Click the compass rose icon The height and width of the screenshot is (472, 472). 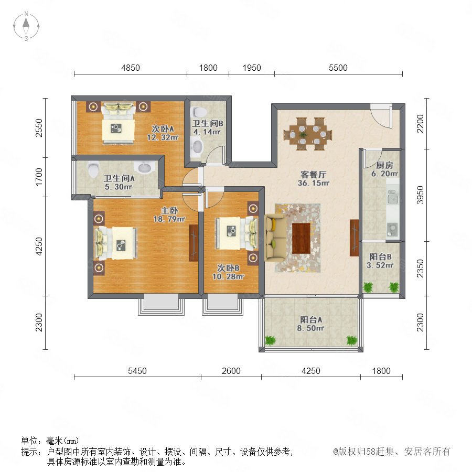(26, 26)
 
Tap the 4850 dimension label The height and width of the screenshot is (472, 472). (131, 68)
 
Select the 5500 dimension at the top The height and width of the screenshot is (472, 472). (338, 68)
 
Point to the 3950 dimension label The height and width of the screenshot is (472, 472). (420, 195)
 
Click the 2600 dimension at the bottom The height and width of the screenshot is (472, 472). (231, 371)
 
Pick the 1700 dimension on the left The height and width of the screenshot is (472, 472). (39, 177)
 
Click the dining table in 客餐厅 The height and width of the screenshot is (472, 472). (308, 134)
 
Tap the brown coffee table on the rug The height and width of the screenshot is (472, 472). (301, 238)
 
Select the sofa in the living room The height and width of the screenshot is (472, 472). (275, 238)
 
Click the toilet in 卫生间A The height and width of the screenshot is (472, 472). (93, 169)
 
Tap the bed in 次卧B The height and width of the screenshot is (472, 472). (237, 233)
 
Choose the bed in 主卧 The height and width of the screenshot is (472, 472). (116, 243)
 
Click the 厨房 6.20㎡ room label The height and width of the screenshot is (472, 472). (384, 169)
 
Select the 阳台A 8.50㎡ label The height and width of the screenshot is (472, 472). (310, 324)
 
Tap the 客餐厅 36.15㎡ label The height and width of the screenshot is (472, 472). (314, 178)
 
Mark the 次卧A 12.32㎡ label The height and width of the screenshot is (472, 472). (163, 133)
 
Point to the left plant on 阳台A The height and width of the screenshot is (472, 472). (270, 340)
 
